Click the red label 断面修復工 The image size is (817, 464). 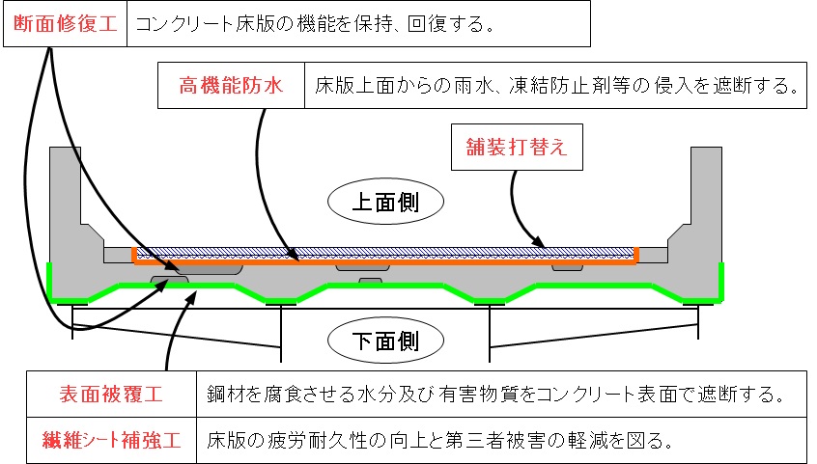point(66,23)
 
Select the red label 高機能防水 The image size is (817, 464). point(231,87)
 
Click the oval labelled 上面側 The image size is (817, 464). point(385,203)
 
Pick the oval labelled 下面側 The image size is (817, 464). point(385,340)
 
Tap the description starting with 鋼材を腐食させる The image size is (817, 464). point(493,395)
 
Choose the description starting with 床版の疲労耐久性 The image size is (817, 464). point(439,440)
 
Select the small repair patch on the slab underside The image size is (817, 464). point(370,282)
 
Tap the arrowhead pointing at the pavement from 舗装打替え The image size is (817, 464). point(543,244)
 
